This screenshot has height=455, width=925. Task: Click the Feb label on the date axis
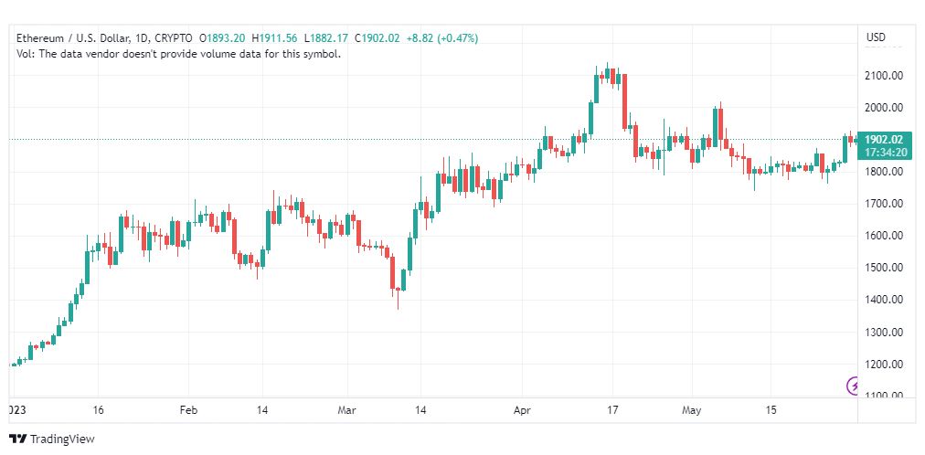[188, 410]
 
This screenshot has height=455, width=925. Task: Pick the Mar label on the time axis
[347, 410]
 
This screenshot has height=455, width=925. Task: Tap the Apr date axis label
[522, 410]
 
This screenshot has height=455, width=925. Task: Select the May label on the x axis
[691, 410]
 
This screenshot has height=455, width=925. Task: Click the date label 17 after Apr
[612, 410]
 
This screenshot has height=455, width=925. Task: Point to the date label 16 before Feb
[98, 410]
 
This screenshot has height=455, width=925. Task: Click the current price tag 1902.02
[883, 140]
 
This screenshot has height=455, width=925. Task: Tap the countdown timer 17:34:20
[883, 152]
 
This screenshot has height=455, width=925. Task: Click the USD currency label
[876, 37]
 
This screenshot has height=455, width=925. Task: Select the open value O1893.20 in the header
[222, 38]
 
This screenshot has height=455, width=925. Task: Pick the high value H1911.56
[275, 38]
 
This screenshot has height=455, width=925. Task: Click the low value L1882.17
[326, 38]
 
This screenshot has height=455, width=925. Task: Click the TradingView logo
[52, 439]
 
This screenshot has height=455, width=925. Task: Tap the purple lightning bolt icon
[854, 386]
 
